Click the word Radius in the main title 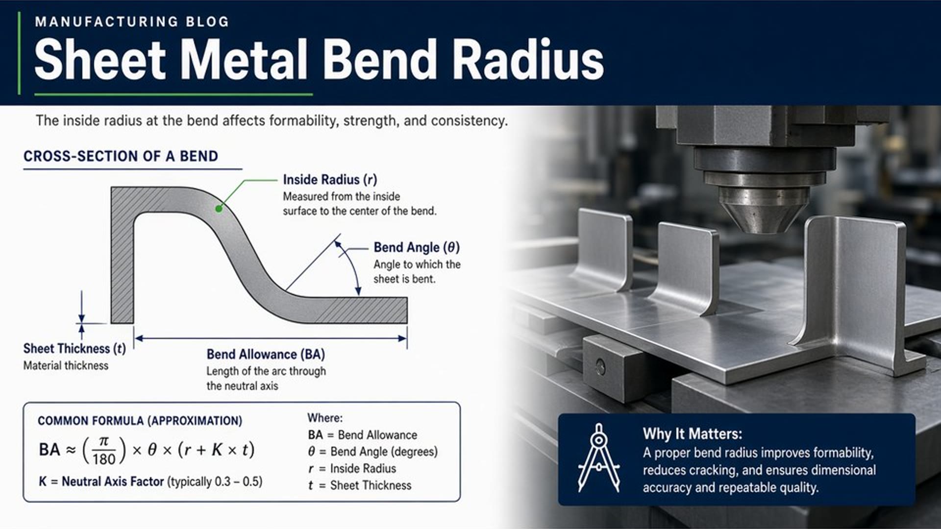pyautogui.click(x=528, y=59)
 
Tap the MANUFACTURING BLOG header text pyautogui.click(x=132, y=22)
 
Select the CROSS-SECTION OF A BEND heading pyautogui.click(x=121, y=156)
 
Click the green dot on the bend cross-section pyautogui.click(x=219, y=209)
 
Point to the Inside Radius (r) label pyautogui.click(x=330, y=180)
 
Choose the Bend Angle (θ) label pyautogui.click(x=417, y=247)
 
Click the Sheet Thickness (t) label pyautogui.click(x=74, y=349)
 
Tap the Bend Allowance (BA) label pyautogui.click(x=266, y=354)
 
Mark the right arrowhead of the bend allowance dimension pyautogui.click(x=402, y=338)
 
